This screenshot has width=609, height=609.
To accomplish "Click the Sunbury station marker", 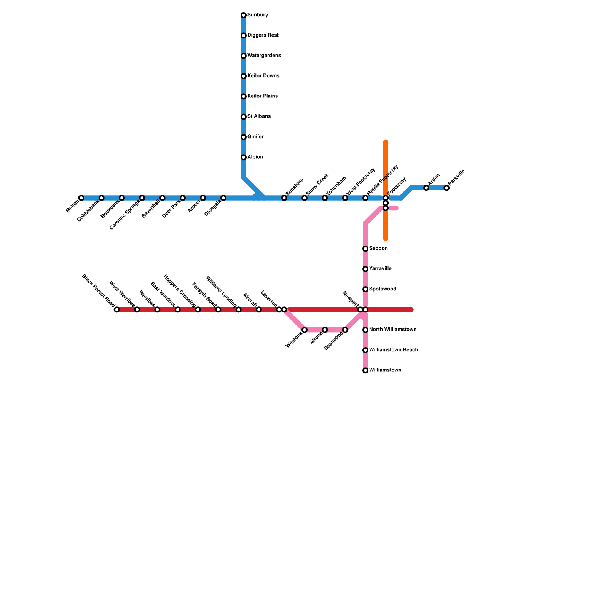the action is (x=244, y=15).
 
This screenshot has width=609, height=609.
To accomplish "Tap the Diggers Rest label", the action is (x=263, y=35).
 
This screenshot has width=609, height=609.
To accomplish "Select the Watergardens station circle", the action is (x=244, y=56).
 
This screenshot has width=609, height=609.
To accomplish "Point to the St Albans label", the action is (x=259, y=116).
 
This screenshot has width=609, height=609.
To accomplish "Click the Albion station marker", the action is (x=244, y=157).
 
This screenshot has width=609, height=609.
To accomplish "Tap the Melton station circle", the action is (x=81, y=198).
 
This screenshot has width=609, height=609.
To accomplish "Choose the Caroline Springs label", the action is (x=124, y=215).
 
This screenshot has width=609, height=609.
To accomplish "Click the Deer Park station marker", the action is (x=183, y=198).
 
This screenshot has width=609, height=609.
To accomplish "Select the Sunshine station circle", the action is (x=284, y=198).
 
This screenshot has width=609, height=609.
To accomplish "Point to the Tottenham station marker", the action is (x=325, y=198).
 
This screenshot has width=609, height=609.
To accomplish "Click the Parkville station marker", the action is (x=446, y=188).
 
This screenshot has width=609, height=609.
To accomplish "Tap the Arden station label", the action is (x=434, y=179).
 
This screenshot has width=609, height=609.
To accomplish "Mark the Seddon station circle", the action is (x=365, y=249).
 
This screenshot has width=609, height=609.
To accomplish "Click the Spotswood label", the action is (x=383, y=289).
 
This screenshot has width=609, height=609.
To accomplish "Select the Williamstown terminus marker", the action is (x=365, y=370).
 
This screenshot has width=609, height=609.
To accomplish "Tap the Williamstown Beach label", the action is (x=393, y=350).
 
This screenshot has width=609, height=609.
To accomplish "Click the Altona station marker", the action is (x=325, y=330).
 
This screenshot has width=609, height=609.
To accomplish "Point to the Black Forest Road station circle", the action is (x=117, y=309).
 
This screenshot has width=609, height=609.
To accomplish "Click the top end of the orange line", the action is (x=386, y=142).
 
